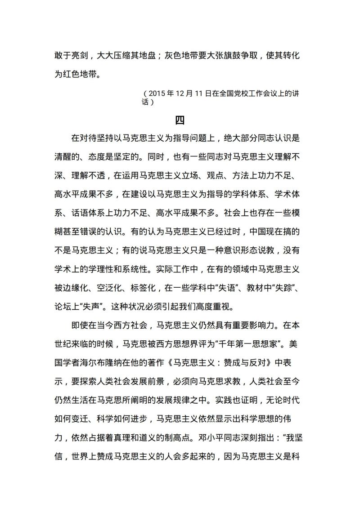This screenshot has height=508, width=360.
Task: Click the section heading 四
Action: (180, 120)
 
